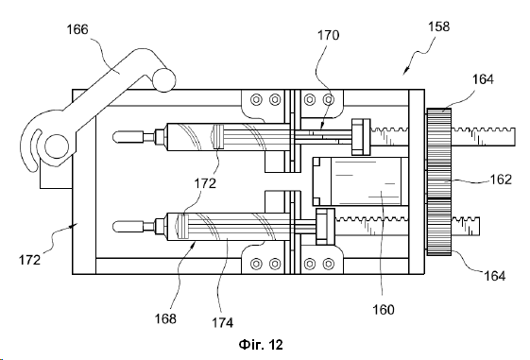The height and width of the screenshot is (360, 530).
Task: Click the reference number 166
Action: tap(77, 29)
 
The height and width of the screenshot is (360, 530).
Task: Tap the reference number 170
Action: tap(328, 35)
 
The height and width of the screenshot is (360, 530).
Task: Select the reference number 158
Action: tap(439, 26)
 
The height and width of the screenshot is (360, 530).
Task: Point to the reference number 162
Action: tap(501, 180)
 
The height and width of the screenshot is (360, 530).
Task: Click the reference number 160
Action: tap(384, 309)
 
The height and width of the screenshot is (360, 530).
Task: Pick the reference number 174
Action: tap(223, 322)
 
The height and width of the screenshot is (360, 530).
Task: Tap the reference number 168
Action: tap(165, 318)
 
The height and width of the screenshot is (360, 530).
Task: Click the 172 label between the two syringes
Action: tap(205, 183)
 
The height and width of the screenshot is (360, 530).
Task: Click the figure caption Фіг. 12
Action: tap(261, 345)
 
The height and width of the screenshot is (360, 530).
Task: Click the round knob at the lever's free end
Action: tap(164, 80)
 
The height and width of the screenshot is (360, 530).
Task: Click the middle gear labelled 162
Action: tap(439, 181)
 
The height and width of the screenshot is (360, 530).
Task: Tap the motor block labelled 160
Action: tap(360, 181)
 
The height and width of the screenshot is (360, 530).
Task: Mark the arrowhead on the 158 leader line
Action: tap(405, 70)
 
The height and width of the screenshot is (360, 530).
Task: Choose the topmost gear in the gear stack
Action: tap(439, 137)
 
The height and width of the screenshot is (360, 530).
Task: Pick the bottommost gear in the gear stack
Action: tap(439, 227)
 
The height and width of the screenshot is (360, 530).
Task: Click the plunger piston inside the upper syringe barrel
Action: tap(218, 137)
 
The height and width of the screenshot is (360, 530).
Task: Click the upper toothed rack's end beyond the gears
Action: tap(484, 137)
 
